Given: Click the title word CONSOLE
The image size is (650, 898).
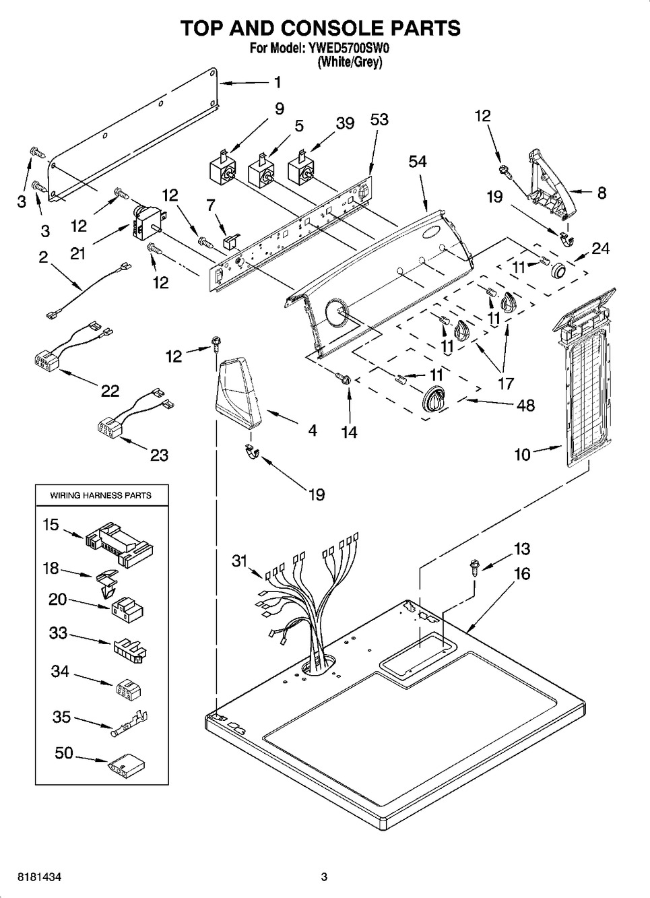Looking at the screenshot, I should click(329, 28).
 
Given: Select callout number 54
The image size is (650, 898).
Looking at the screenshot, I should click(418, 162).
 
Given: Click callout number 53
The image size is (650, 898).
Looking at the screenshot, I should click(379, 120).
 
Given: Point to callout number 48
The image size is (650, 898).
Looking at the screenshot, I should click(525, 405).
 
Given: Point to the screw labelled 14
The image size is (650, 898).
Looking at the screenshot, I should click(346, 380).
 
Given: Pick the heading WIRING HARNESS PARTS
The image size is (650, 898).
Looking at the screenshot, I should click(101, 495).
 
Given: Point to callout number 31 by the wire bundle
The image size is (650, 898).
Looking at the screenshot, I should click(240, 560).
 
